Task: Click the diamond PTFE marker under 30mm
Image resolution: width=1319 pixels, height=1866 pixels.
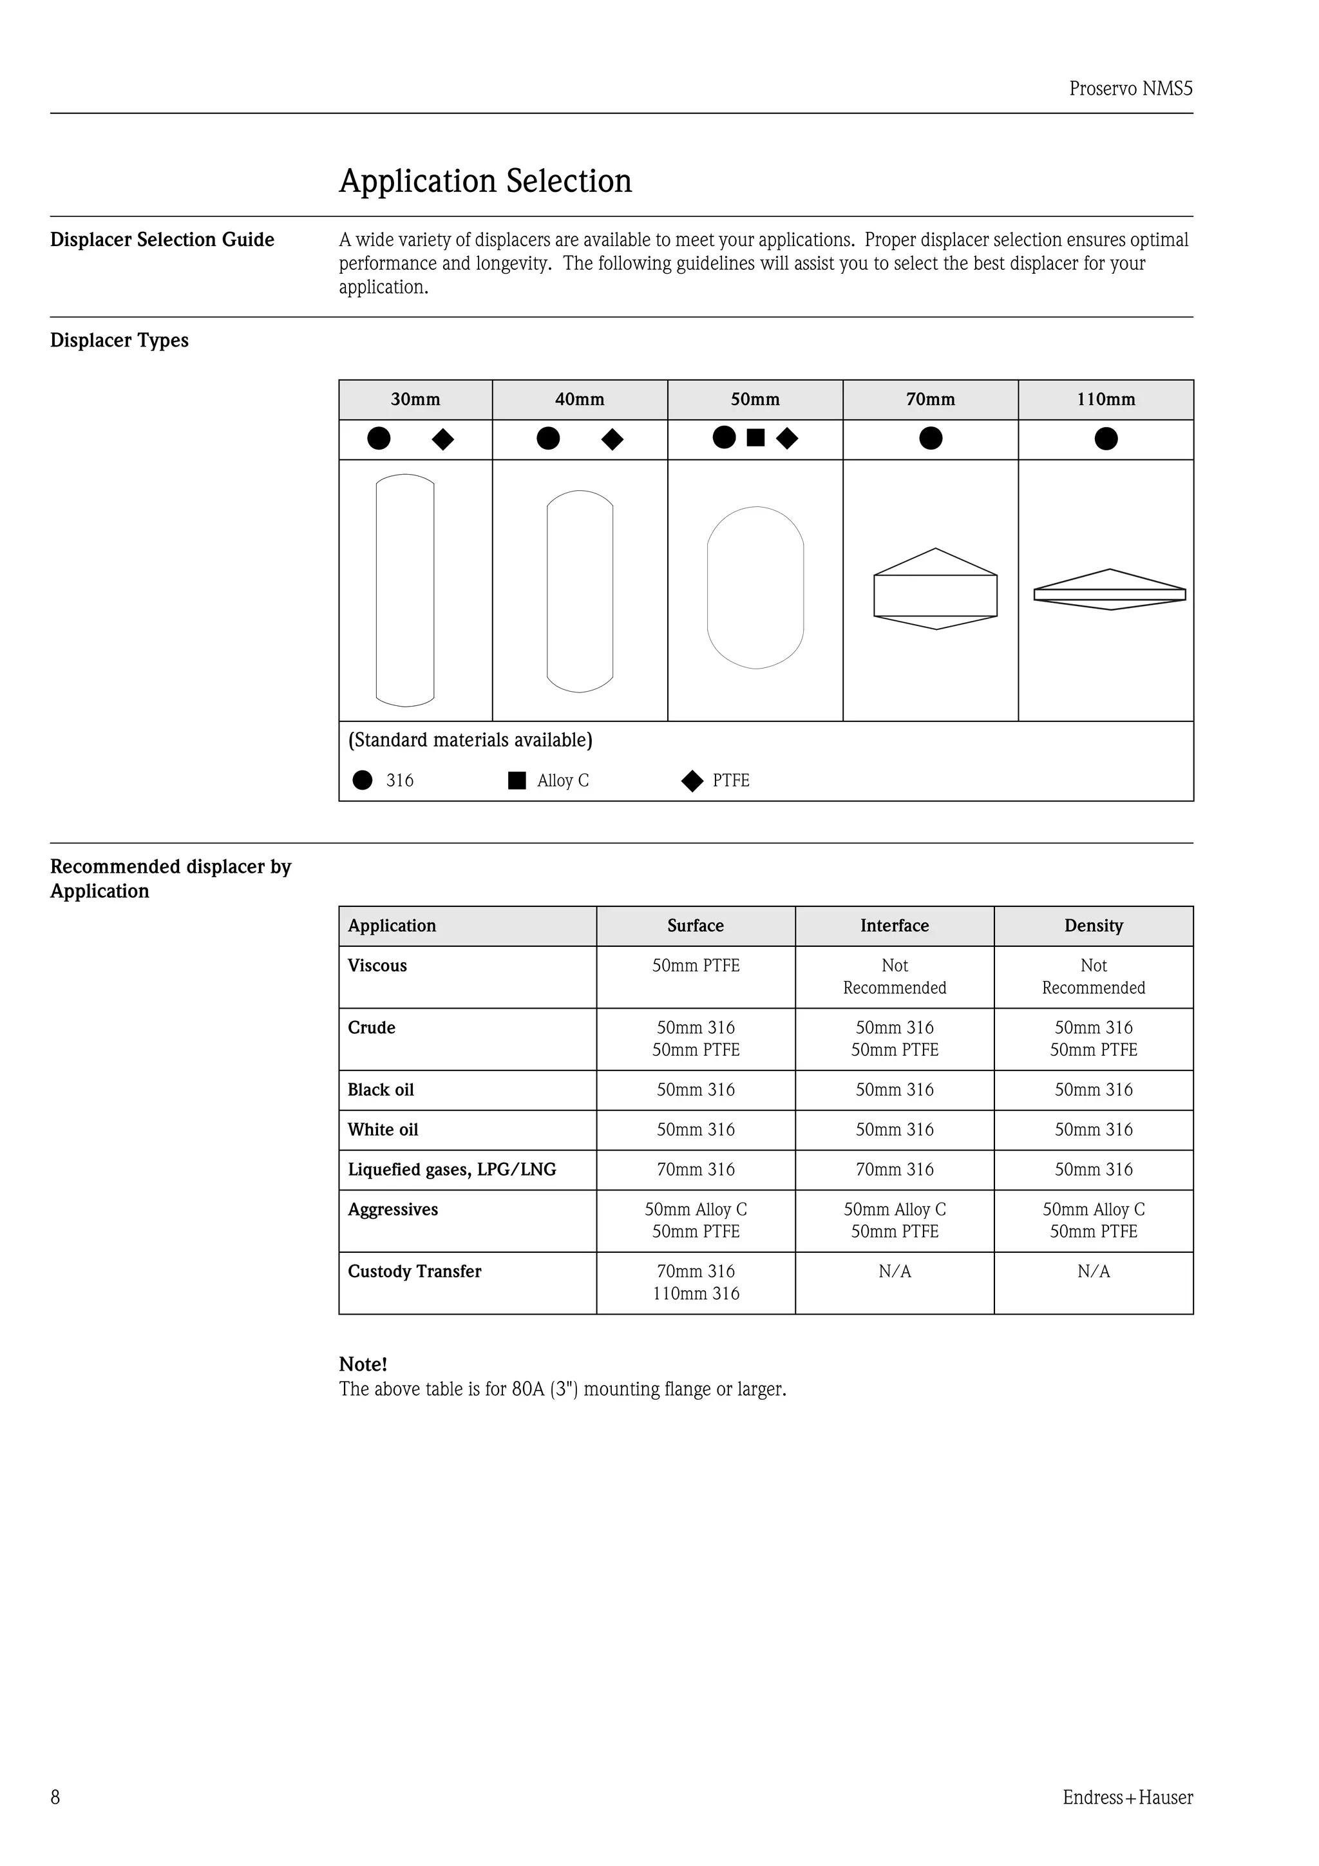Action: pos(443,440)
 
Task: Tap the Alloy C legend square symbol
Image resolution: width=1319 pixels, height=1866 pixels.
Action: pos(517,780)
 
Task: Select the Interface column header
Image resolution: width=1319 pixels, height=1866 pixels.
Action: pos(894,926)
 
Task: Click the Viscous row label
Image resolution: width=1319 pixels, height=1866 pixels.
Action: pos(377,966)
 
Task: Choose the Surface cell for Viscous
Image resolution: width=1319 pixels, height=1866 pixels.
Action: pos(696,966)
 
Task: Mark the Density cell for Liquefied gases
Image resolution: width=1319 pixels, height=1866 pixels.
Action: pos(1093,1170)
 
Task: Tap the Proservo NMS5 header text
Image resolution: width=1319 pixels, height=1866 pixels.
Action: pos(1130,89)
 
